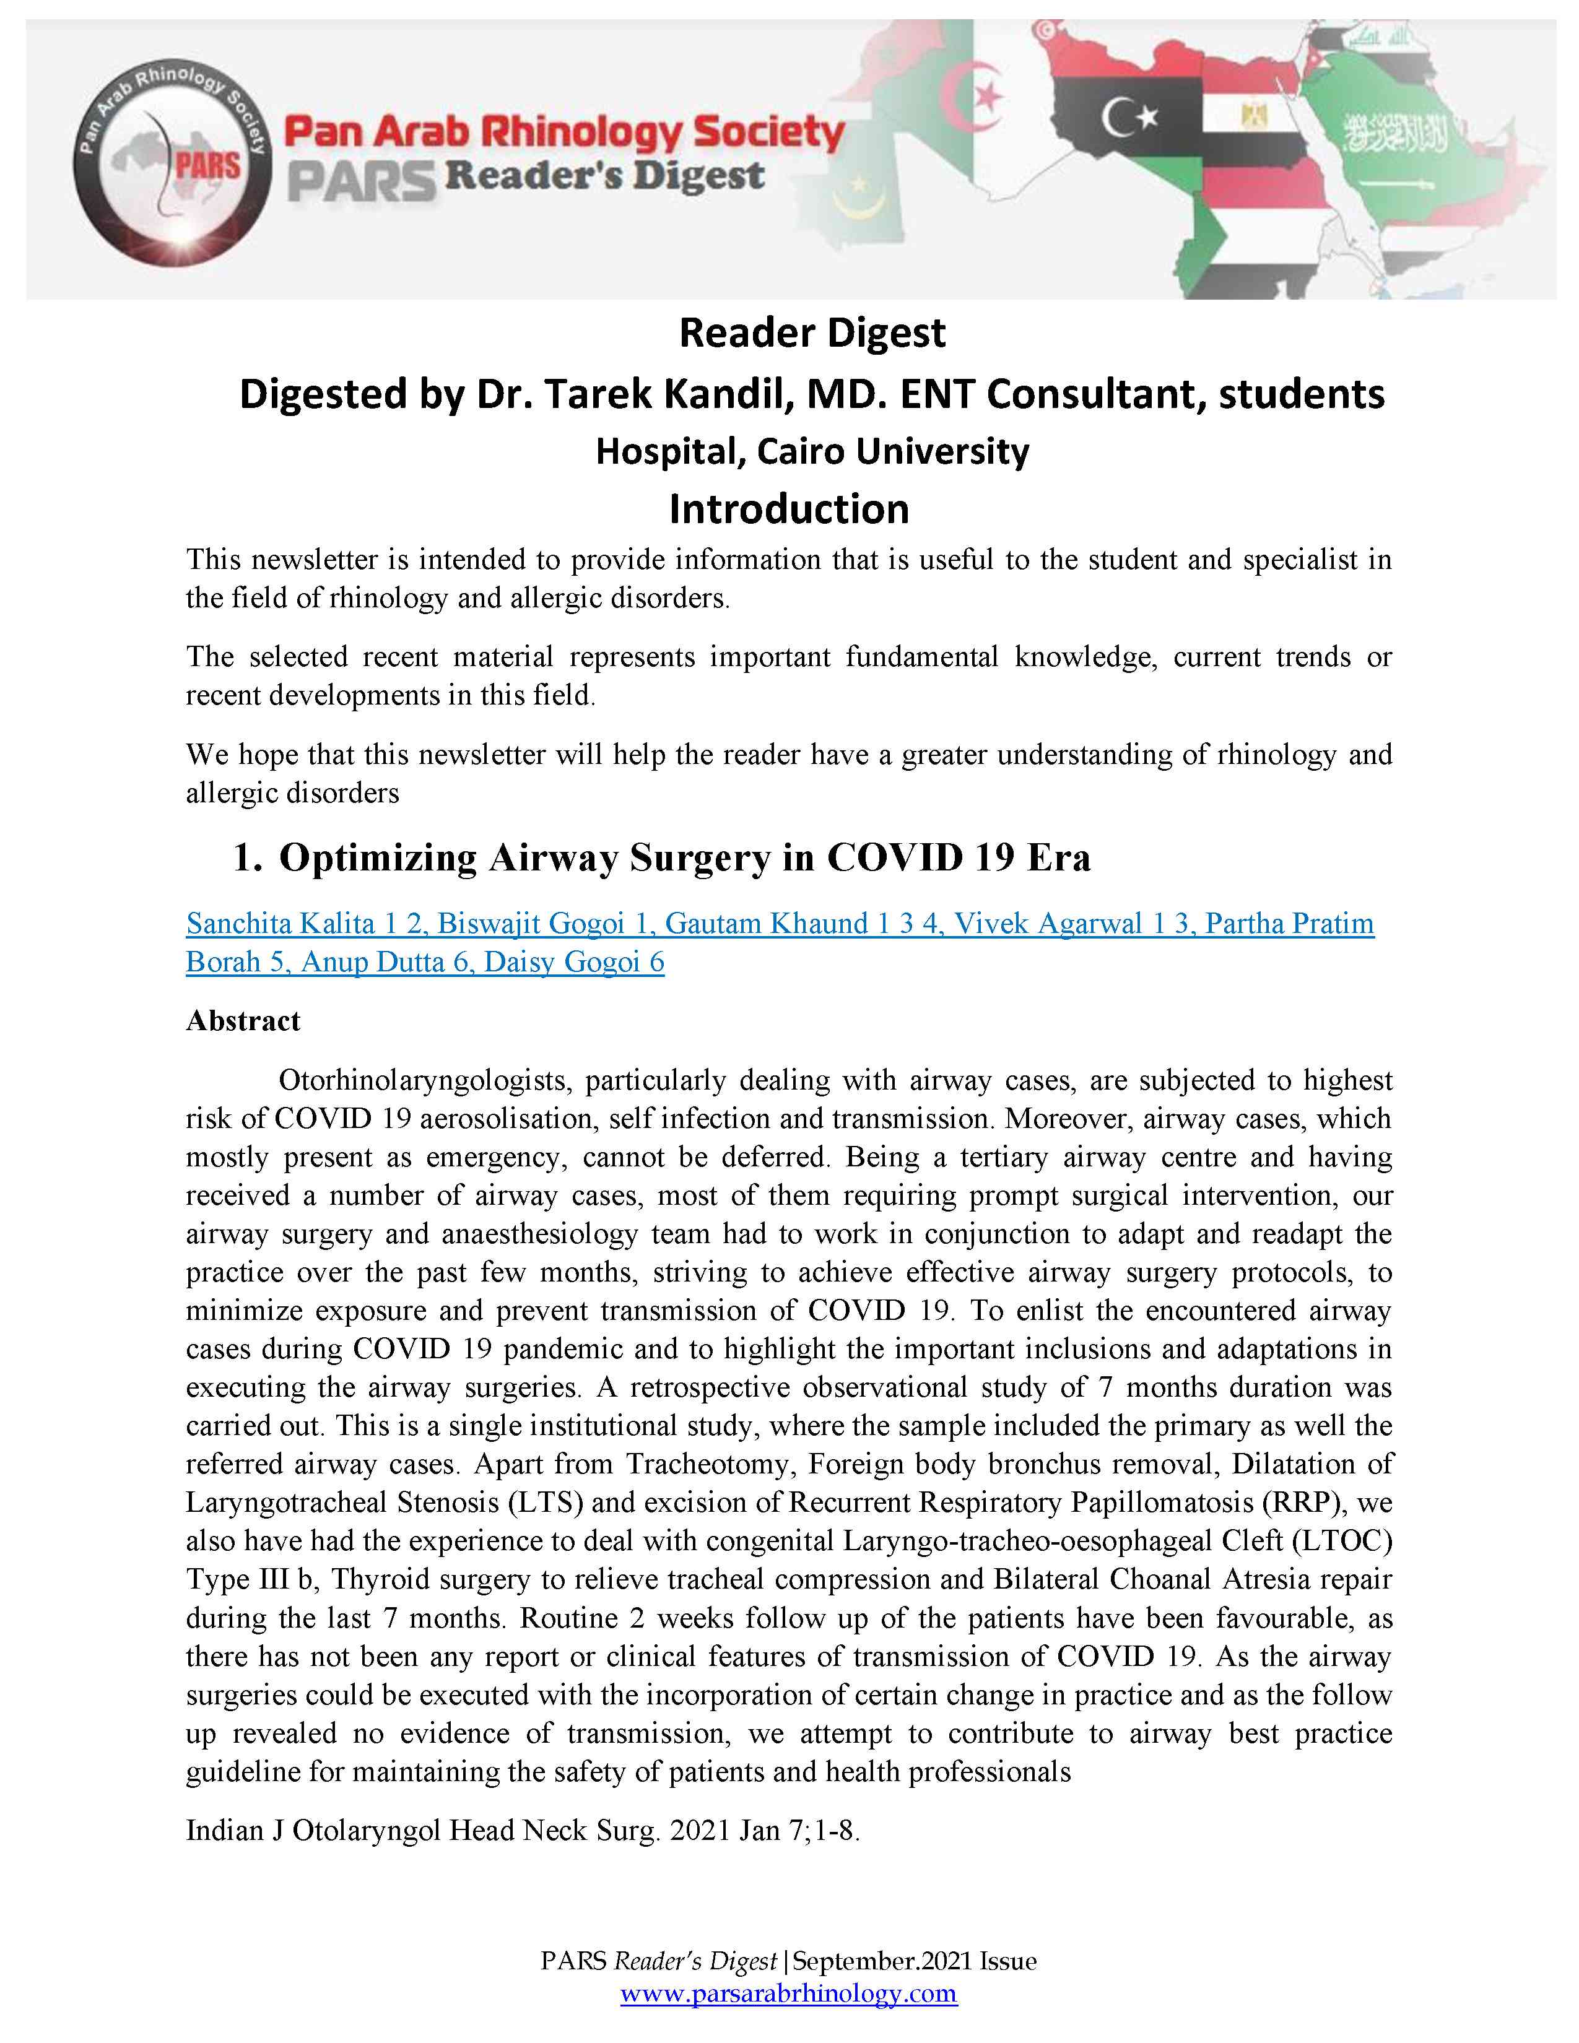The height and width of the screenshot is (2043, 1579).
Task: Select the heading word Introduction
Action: (x=788, y=510)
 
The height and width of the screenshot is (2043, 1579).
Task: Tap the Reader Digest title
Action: (x=812, y=333)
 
